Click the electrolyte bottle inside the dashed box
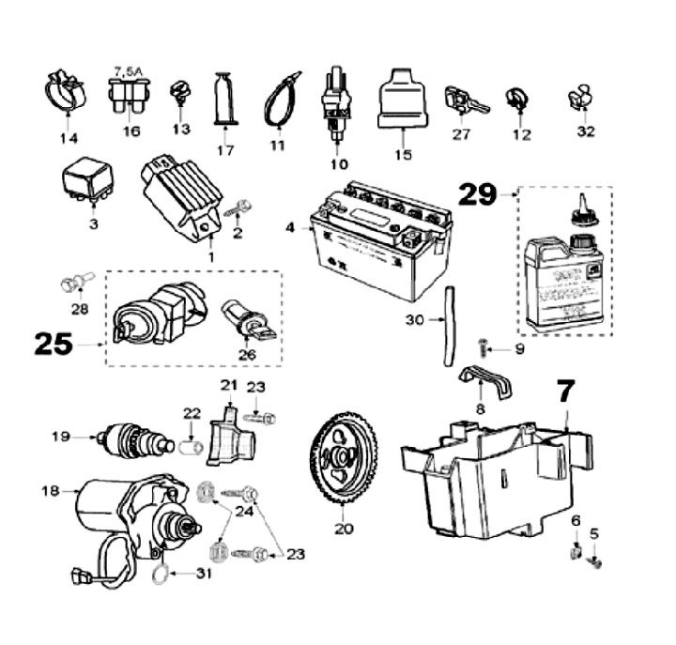pyautogui.click(x=562, y=272)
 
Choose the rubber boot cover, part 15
pyautogui.click(x=402, y=97)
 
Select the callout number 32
pyautogui.click(x=586, y=131)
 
